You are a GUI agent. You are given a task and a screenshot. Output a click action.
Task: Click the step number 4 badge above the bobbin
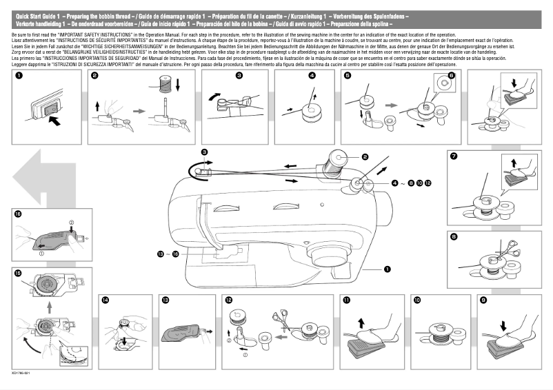tap(312, 76)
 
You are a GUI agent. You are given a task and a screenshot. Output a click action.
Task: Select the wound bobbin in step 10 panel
tap(438, 331)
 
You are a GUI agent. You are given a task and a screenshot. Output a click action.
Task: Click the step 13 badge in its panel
tap(165, 300)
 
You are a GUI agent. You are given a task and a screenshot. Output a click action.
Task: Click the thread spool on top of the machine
tap(337, 161)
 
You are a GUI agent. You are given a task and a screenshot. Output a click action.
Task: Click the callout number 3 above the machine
tap(204, 152)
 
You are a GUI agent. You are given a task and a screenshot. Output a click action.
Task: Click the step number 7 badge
tap(453, 156)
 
